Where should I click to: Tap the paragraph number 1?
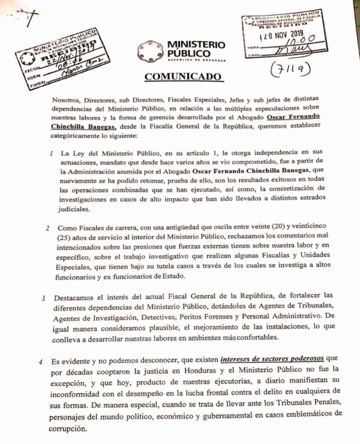tap(52, 154)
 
